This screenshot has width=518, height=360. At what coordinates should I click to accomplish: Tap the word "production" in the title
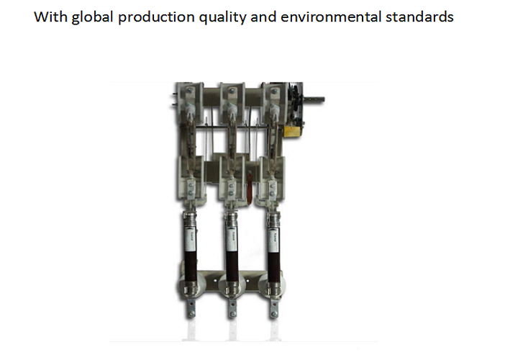pyautogui.click(x=156, y=17)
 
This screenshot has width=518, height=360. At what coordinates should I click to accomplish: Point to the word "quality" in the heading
pyautogui.click(x=222, y=17)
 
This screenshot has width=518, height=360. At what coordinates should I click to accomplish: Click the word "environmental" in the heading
pyautogui.click(x=331, y=17)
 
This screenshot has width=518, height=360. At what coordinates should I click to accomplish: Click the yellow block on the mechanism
pyautogui.click(x=293, y=131)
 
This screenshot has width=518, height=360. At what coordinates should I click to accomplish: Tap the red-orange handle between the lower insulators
pyautogui.click(x=250, y=188)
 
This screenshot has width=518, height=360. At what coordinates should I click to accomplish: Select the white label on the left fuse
pyautogui.click(x=190, y=238)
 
